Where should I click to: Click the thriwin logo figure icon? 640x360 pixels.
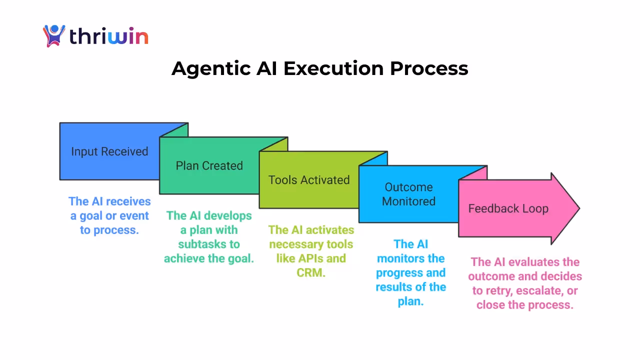pyautogui.click(x=54, y=36)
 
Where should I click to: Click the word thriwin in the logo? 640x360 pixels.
pyautogui.click(x=108, y=36)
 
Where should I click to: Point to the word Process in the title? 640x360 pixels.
pyautogui.click(x=429, y=68)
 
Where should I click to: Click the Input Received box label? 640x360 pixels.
pyautogui.click(x=109, y=151)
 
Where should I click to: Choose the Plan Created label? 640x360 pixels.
pyautogui.click(x=209, y=165)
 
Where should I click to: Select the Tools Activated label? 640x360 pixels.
pyautogui.click(x=309, y=180)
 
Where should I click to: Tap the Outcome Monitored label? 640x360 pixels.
pyautogui.click(x=408, y=194)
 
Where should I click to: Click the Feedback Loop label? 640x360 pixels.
pyautogui.click(x=508, y=208)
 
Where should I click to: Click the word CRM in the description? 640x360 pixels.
pyautogui.click(x=311, y=273)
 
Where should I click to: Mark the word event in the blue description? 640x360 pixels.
pyautogui.click(x=134, y=216)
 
